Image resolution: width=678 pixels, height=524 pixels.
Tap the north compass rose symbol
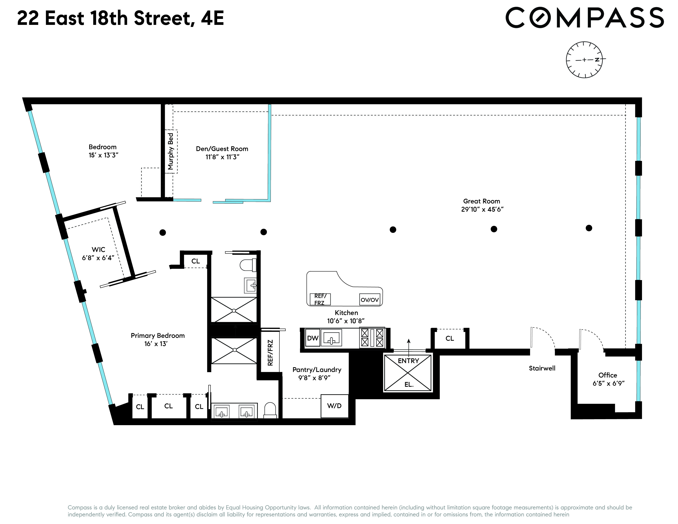pos(584,60)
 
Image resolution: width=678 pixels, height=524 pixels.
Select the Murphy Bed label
pos(171,151)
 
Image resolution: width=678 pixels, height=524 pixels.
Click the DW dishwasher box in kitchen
pos(313,338)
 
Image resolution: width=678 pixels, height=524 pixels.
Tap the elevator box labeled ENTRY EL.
pos(408,373)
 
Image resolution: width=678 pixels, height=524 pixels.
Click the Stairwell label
pos(542,368)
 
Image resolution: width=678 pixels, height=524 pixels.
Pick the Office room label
pos(608,375)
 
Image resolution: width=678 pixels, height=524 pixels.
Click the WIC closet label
pos(98,250)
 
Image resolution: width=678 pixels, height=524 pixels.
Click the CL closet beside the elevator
pos(450,338)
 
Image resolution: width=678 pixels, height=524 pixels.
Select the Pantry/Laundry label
pos(317,370)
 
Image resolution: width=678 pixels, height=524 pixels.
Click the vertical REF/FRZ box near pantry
pos(270,352)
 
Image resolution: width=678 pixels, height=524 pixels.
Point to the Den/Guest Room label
pos(222,149)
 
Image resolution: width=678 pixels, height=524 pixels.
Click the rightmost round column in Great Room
pos(589,228)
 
